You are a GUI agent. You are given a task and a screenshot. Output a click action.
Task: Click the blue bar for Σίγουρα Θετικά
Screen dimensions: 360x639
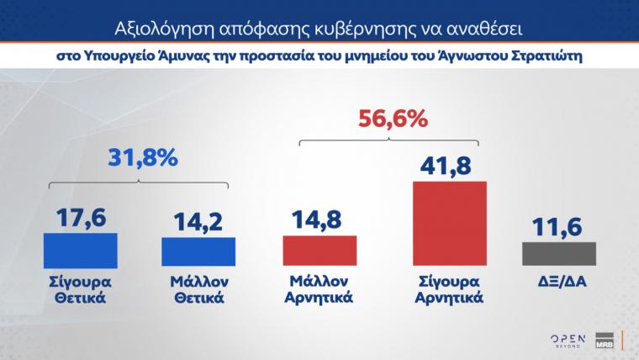80,249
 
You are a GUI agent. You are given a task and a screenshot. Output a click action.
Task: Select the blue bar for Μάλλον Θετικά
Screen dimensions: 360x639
198,251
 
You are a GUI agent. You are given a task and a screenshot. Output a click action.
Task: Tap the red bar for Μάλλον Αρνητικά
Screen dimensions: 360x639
319,251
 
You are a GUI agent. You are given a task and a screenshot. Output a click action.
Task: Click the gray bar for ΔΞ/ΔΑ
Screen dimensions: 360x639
558,254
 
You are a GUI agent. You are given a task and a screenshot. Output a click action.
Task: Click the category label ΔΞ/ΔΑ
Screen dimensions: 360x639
558,281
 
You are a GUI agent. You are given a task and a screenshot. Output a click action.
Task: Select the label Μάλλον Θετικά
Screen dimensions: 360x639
198,289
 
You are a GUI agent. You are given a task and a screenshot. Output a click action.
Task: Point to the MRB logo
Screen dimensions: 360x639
605,337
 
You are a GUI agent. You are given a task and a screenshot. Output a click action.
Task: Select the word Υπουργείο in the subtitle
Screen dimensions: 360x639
116,57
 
